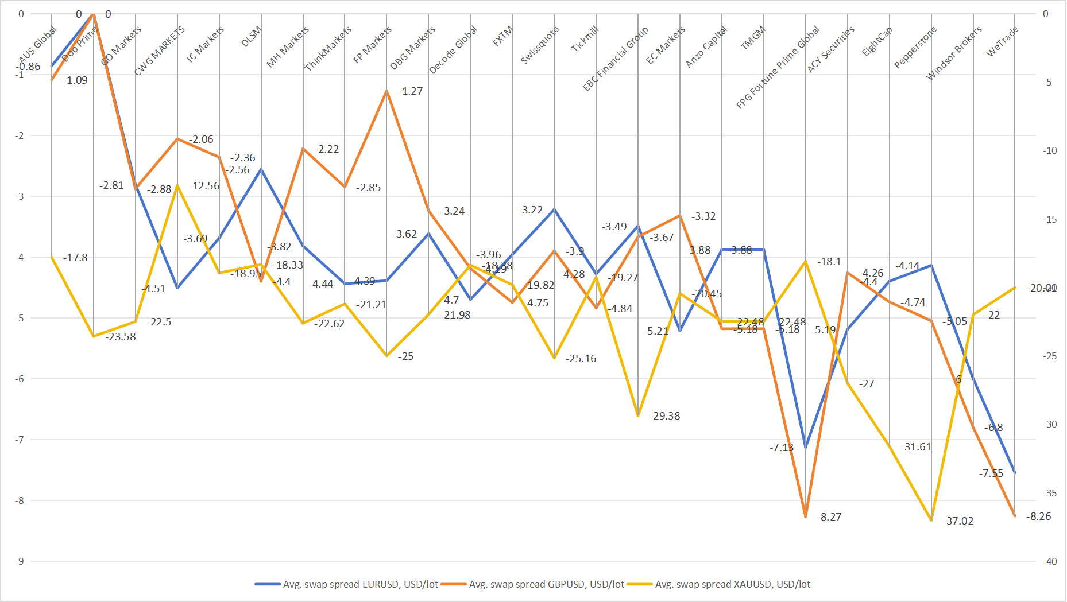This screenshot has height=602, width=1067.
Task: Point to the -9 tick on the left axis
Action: pyautogui.click(x=20, y=561)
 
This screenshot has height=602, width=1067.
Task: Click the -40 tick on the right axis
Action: pyautogui.click(x=1050, y=561)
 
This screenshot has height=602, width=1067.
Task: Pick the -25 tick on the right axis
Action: pyautogui.click(x=1050, y=356)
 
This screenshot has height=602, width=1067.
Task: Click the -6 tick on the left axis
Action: pyautogui.click(x=20, y=379)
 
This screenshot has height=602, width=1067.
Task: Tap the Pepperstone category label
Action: pyautogui.click(x=915, y=47)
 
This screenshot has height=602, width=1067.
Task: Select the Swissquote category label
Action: pyautogui.click(x=539, y=45)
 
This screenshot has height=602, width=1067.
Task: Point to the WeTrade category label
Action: pyautogui.click(x=1002, y=41)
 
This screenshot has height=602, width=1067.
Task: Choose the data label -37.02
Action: pyautogui.click(x=958, y=521)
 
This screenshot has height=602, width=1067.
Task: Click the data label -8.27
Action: pyautogui.click(x=829, y=517)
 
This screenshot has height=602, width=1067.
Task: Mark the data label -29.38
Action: pyautogui.click(x=665, y=416)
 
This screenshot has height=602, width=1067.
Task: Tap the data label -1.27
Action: pyautogui.click(x=410, y=91)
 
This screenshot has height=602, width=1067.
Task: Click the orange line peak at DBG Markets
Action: pyautogui.click(x=386, y=91)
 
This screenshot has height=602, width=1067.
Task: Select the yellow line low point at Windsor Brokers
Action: pyautogui.click(x=931, y=520)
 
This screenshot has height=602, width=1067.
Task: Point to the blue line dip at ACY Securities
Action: pyautogui.click(x=806, y=447)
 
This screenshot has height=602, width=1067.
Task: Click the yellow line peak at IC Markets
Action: pyautogui.click(x=177, y=185)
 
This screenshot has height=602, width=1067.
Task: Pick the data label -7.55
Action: pyautogui.click(x=991, y=473)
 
